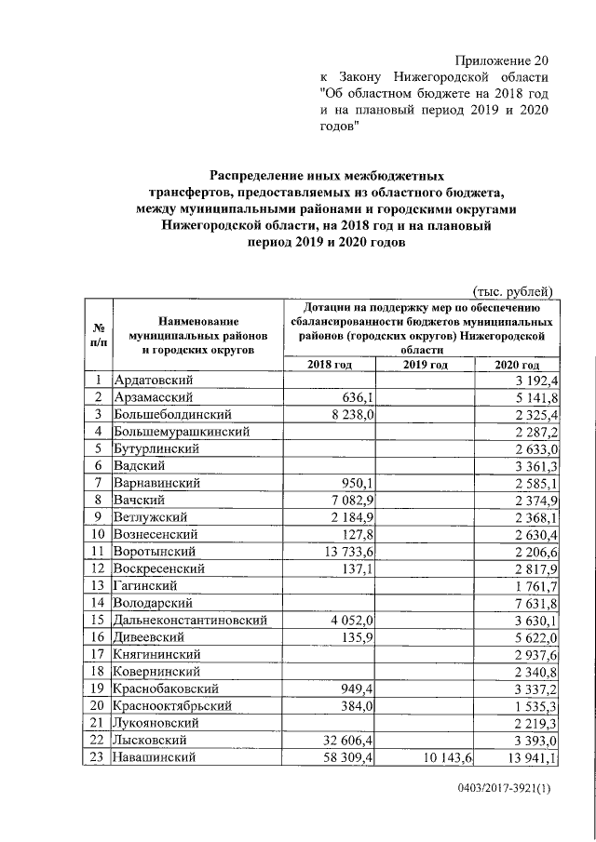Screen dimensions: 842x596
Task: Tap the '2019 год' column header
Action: (x=426, y=365)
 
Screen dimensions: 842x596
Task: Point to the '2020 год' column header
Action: (x=517, y=365)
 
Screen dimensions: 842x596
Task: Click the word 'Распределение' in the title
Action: (x=262, y=174)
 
